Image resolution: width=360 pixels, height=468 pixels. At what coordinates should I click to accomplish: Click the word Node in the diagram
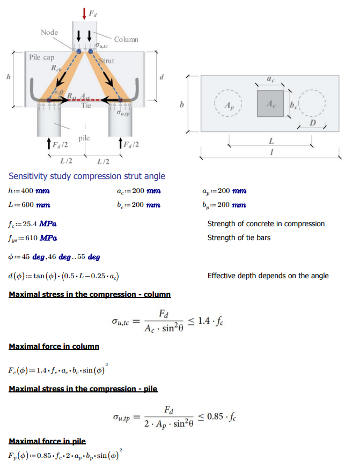(49, 33)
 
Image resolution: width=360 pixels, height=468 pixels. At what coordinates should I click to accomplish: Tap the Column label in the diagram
(126, 39)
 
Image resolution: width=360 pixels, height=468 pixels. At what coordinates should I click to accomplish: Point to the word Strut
(107, 61)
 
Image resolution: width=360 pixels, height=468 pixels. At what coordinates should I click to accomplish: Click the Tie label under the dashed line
(86, 106)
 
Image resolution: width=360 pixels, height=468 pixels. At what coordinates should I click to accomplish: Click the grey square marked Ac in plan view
(270, 103)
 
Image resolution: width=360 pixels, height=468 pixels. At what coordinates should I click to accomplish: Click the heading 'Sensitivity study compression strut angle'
(87, 176)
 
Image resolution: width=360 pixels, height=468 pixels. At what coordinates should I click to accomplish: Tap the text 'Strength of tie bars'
(239, 237)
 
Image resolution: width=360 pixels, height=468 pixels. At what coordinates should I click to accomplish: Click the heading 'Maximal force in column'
(54, 346)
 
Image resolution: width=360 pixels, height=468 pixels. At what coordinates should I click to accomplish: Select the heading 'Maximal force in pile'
(47, 441)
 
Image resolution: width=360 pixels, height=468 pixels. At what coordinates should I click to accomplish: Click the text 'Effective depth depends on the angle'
(268, 276)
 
